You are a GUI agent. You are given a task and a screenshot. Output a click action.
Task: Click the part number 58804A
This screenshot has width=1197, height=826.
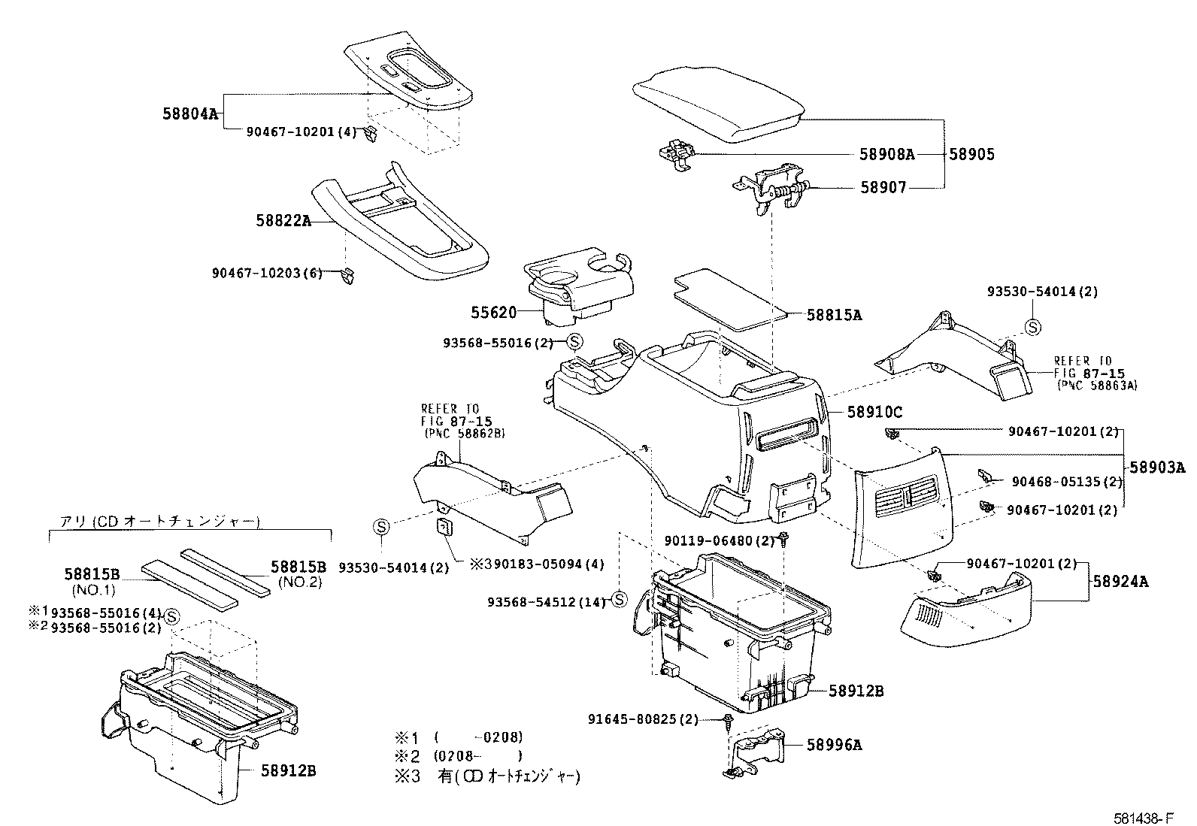coord(190,113)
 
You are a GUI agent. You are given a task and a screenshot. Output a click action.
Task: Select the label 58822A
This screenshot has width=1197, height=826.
coord(283,221)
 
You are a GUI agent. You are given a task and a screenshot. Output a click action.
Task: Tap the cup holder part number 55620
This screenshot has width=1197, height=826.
coord(494,313)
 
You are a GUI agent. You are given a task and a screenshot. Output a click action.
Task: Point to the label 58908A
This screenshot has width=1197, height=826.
coord(887,154)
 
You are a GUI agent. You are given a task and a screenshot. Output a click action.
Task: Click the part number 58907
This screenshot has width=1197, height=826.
coord(883,188)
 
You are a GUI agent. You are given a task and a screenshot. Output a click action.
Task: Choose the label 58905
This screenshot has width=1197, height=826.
coord(972,154)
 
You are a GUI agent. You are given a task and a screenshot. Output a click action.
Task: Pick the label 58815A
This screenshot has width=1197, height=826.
coord(834,315)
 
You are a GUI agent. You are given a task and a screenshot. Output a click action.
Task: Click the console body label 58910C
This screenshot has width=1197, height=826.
coord(874,412)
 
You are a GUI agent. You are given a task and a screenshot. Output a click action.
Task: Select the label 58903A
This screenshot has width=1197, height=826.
coord(1157,467)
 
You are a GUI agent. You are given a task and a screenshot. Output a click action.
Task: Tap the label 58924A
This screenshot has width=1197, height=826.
coord(1120,581)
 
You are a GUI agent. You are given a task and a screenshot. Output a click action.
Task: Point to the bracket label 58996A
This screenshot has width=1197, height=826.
coord(834,745)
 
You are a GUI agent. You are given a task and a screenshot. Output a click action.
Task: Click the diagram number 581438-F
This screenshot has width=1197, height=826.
coord(1144,818)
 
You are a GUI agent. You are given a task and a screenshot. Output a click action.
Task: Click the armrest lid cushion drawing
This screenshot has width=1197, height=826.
coord(719,104)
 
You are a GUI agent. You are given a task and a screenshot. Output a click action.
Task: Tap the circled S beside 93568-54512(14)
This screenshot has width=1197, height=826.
coord(619,600)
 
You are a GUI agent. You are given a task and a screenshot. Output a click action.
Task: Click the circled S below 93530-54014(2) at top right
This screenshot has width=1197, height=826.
coord(1032,327)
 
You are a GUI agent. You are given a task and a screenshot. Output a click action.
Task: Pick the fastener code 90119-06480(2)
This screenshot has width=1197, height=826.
coord(720,541)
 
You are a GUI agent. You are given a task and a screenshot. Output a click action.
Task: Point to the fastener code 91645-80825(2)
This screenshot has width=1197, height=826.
coord(643,720)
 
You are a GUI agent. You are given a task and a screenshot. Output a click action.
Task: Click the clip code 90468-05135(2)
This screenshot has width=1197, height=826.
coord(1067,482)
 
